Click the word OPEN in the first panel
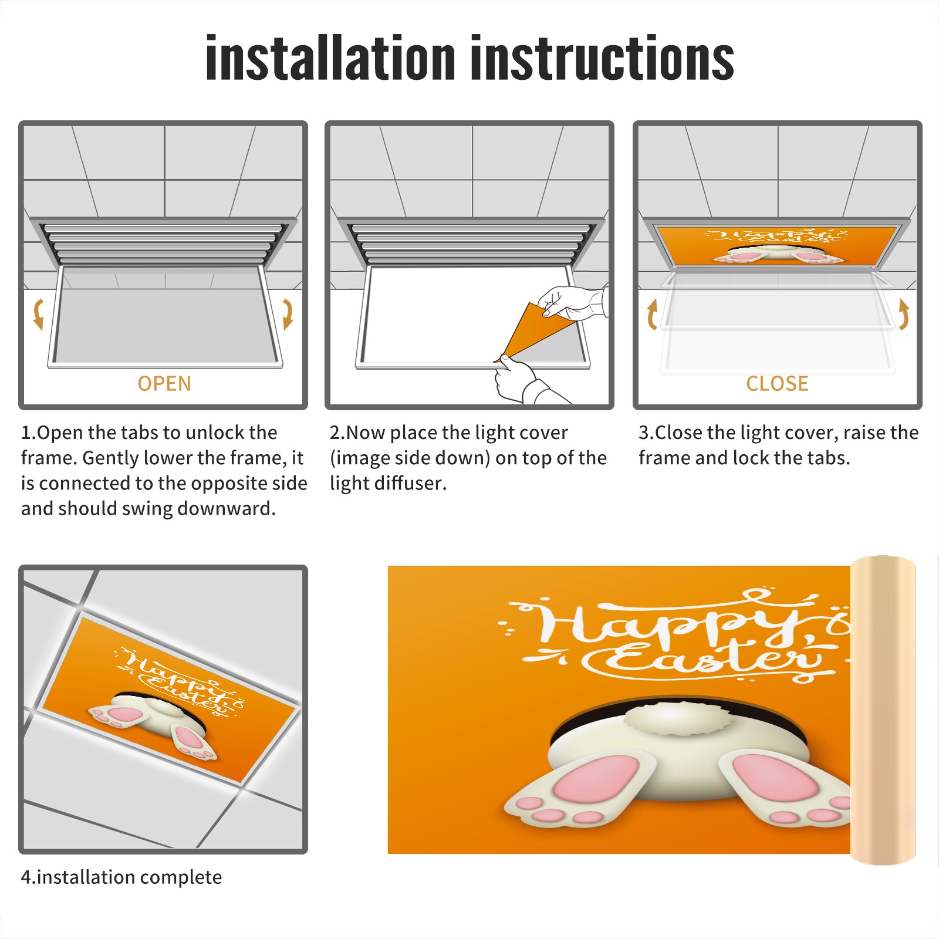click(x=164, y=383)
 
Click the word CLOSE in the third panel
click(x=777, y=383)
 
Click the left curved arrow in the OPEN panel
click(x=38, y=314)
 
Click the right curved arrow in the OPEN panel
click(x=288, y=314)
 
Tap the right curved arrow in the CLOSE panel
click(x=904, y=314)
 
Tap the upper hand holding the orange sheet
click(x=572, y=302)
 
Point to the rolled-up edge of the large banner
click(x=883, y=710)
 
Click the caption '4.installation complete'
click(x=121, y=877)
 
